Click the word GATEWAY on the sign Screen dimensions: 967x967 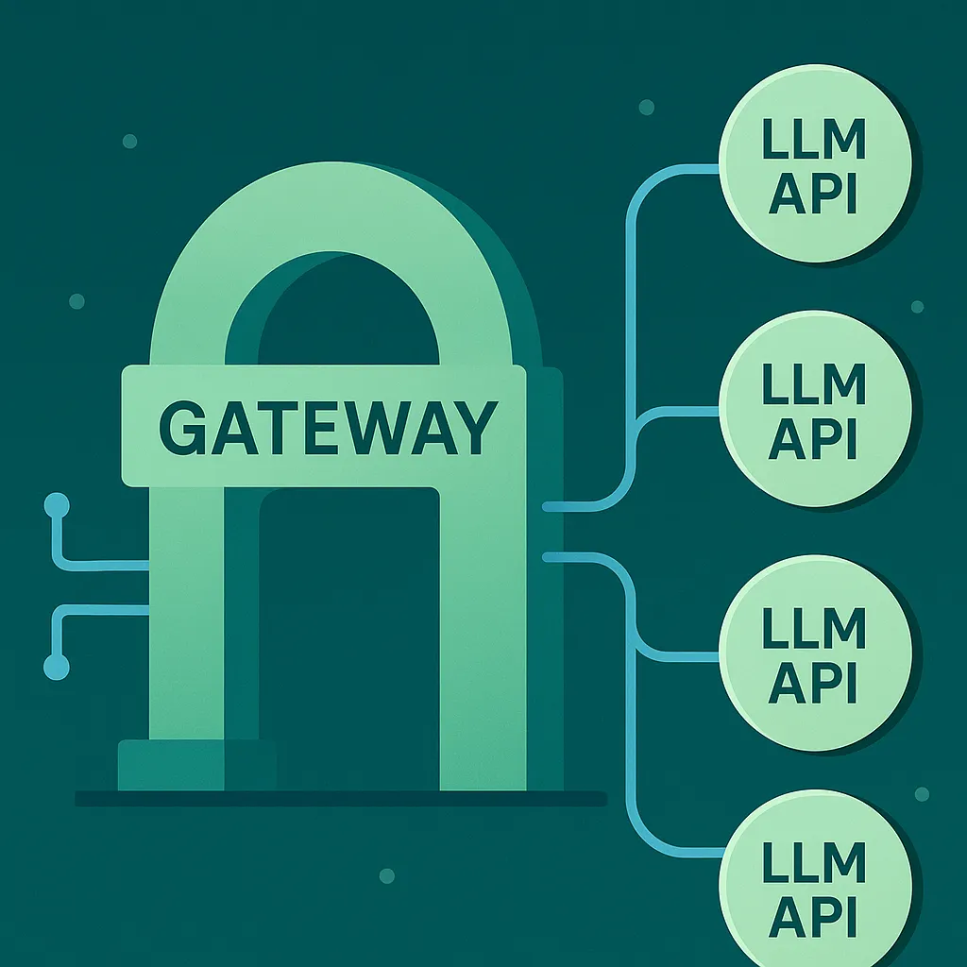pos(324,428)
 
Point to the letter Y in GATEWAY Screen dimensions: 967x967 pos(474,428)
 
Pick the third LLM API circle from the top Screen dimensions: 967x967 pos(816,653)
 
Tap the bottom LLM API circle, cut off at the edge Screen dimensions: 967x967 pos(816,888)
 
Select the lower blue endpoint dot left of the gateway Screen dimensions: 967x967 pos(58,668)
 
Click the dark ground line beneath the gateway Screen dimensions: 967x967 pos(340,799)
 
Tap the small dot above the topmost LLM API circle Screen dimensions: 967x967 pos(647,108)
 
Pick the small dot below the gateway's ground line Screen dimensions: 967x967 pos(386,875)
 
